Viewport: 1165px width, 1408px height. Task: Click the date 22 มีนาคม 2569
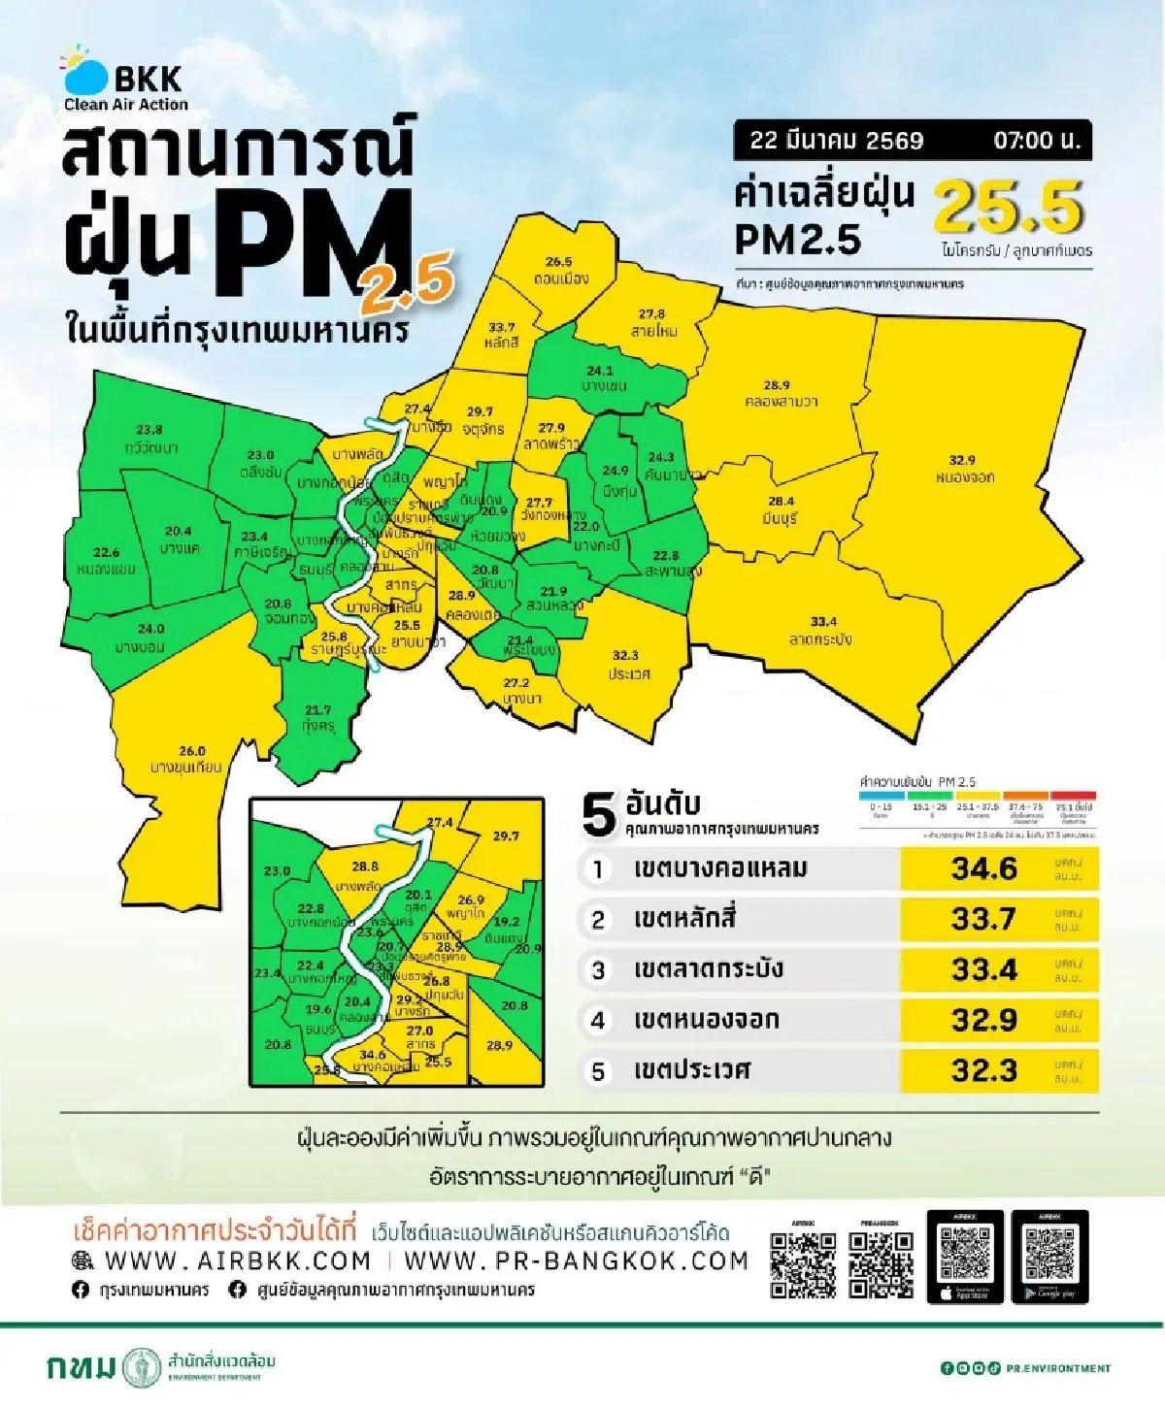(836, 140)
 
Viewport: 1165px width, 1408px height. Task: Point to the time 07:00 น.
(1036, 140)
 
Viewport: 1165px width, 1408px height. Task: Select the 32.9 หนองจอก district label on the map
(963, 469)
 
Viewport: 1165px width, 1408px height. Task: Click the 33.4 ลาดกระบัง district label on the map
(821, 630)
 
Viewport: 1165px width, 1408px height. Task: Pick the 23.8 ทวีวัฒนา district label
(150, 439)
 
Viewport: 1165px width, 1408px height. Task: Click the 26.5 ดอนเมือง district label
(559, 271)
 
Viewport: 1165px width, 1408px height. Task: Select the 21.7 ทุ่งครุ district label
(317, 718)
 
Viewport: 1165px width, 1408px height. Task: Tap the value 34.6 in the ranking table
(983, 868)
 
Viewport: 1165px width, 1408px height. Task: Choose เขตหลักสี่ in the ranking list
(684, 919)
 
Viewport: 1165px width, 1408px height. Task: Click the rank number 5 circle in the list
(598, 1071)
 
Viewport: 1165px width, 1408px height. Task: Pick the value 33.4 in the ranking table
(983, 969)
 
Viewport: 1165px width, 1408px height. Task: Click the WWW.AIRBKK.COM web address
(237, 1261)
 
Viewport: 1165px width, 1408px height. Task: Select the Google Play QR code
(1049, 1255)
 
